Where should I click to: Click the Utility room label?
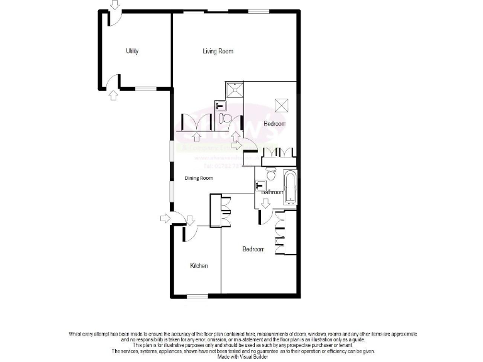point(132,51)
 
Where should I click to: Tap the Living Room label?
point(218,51)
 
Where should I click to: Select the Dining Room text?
point(199,178)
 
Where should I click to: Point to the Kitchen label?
point(199,266)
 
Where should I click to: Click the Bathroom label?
point(272,192)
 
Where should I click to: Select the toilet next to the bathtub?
point(271,173)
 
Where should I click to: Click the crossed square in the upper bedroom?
point(281,105)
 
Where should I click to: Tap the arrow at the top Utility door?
point(113,4)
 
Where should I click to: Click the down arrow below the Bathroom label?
point(265,203)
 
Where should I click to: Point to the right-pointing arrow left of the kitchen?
point(165,218)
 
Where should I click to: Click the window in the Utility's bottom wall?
point(147,89)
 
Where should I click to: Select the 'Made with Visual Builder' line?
point(241,356)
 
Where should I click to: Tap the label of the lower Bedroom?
point(253,250)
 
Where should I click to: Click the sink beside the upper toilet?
point(219,105)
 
